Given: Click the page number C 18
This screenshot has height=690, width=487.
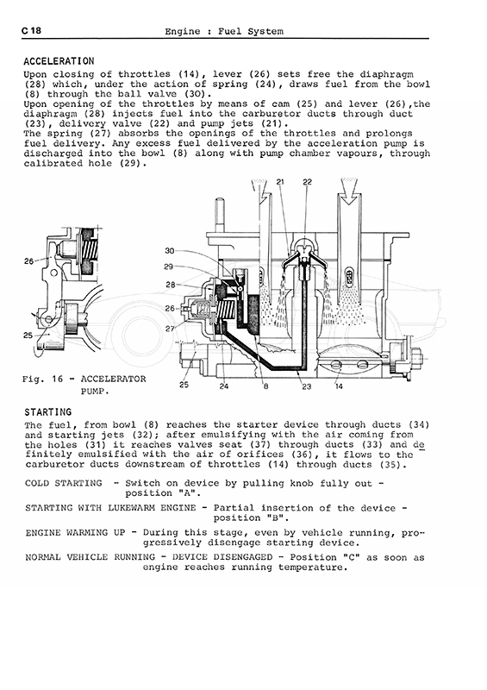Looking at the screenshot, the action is point(31,30).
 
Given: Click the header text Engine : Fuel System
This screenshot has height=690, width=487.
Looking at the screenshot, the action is point(224,31).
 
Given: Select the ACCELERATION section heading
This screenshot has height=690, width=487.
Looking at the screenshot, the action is point(59,61).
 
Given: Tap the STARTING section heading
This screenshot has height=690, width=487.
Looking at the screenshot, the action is point(48,412).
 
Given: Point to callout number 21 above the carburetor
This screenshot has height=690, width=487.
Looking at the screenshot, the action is point(280,182).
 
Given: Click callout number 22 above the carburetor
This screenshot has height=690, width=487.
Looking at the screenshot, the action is point(307,182).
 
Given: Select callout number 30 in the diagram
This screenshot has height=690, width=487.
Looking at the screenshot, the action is point(169,251).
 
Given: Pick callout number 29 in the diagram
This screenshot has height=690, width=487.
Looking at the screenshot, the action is point(168,267).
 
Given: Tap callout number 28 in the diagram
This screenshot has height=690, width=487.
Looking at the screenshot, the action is point(171,285).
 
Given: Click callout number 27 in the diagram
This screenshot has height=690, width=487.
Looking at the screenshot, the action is point(170,329).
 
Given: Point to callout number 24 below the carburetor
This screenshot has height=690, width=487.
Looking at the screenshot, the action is point(224,386).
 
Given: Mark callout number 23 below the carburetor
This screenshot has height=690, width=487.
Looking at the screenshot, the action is point(306,386).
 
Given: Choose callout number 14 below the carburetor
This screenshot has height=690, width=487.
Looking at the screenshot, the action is point(339,386).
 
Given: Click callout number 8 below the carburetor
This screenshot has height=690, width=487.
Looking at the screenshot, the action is point(265,386).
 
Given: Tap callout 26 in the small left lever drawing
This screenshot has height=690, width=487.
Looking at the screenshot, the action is point(28,261).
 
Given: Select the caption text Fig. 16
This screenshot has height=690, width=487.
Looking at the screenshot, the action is point(43,379).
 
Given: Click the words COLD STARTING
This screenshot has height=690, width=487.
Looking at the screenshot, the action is point(63,483).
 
